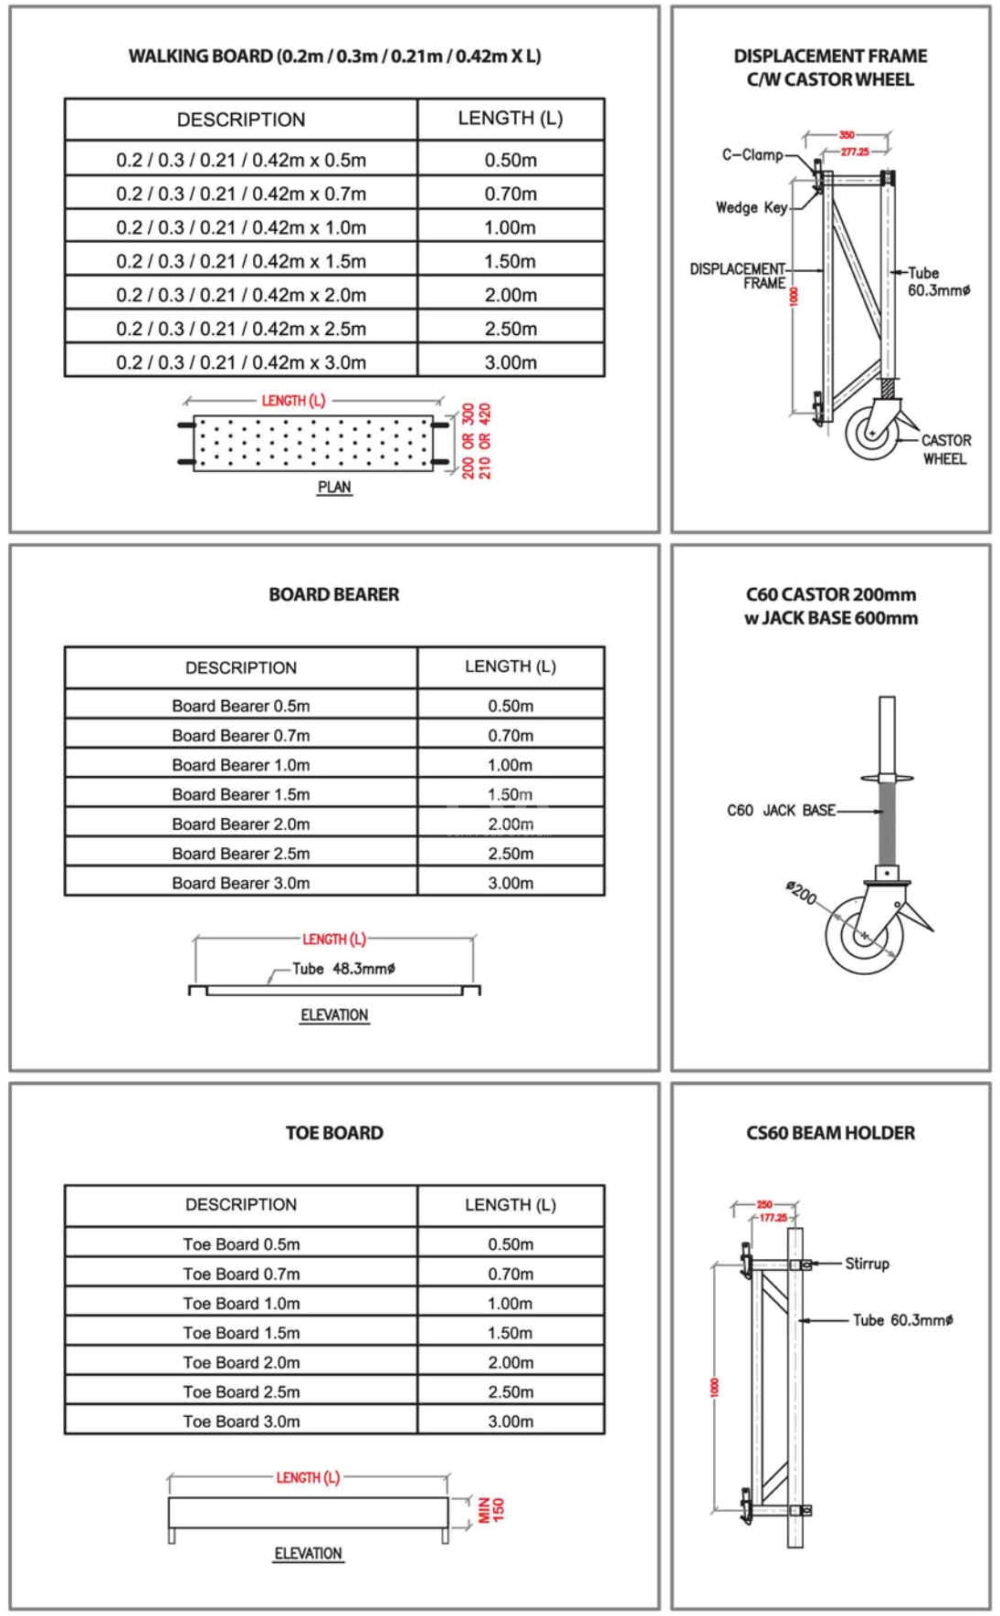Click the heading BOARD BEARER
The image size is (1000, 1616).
pos(333,594)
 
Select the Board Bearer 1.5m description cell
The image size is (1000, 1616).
pos(241,794)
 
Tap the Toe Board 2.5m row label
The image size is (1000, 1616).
pos(241,1391)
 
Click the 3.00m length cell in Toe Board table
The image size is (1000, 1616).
pos(511,1422)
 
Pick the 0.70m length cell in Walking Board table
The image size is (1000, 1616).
pos(511,194)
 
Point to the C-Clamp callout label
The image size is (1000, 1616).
pos(752,155)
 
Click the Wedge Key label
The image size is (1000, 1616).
pos(751,208)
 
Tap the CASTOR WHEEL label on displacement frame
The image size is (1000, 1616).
pos(945,449)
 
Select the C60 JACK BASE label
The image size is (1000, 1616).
pos(781,811)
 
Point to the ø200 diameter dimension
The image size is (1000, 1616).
pos(802,892)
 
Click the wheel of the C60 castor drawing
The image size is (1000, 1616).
pos(864,935)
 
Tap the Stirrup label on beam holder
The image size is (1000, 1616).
pos(867,1264)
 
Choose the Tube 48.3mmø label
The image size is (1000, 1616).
pos(343,969)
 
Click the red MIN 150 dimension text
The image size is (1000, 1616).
pos(491,1510)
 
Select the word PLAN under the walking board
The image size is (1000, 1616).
pos(334,488)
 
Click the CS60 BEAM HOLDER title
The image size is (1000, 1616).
pos(830,1133)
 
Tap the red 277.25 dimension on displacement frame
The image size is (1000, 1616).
pos(854,152)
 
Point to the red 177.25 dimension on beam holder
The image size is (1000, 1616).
pos(773,1218)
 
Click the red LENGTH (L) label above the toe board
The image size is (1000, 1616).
pos(308,1477)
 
